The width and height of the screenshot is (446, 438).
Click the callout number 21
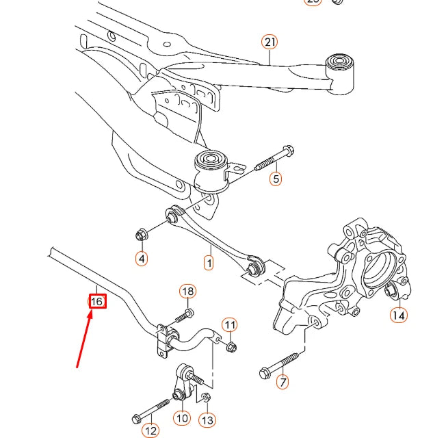[270, 42]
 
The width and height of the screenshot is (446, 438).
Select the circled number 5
[276, 179]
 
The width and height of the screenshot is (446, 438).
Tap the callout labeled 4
[141, 259]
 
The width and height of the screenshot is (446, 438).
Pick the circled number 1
[209, 261]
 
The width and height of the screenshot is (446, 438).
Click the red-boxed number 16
[97, 301]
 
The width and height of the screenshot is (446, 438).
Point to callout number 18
[187, 292]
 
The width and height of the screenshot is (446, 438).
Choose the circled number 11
[230, 324]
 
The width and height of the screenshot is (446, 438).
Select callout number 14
[398, 315]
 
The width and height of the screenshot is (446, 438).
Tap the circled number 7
[283, 382]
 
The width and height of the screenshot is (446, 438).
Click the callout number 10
[181, 417]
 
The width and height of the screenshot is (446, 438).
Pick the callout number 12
[150, 430]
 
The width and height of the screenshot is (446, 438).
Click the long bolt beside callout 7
[280, 365]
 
